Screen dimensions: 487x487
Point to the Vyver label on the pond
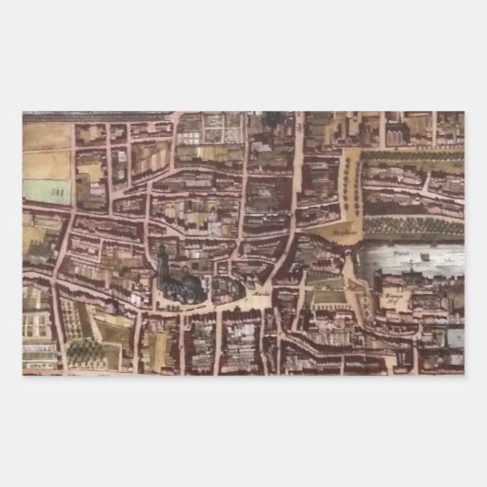click(400, 250)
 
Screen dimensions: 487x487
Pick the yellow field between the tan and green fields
click(46, 164)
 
